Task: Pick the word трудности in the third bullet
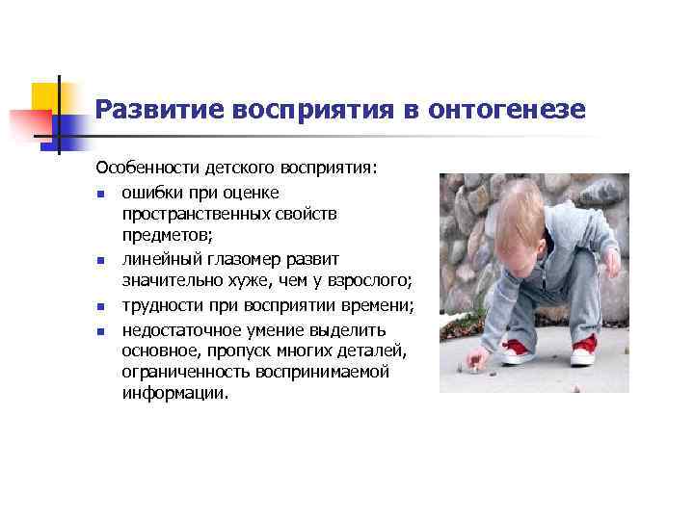click(x=160, y=306)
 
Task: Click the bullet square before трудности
click(x=100, y=308)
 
